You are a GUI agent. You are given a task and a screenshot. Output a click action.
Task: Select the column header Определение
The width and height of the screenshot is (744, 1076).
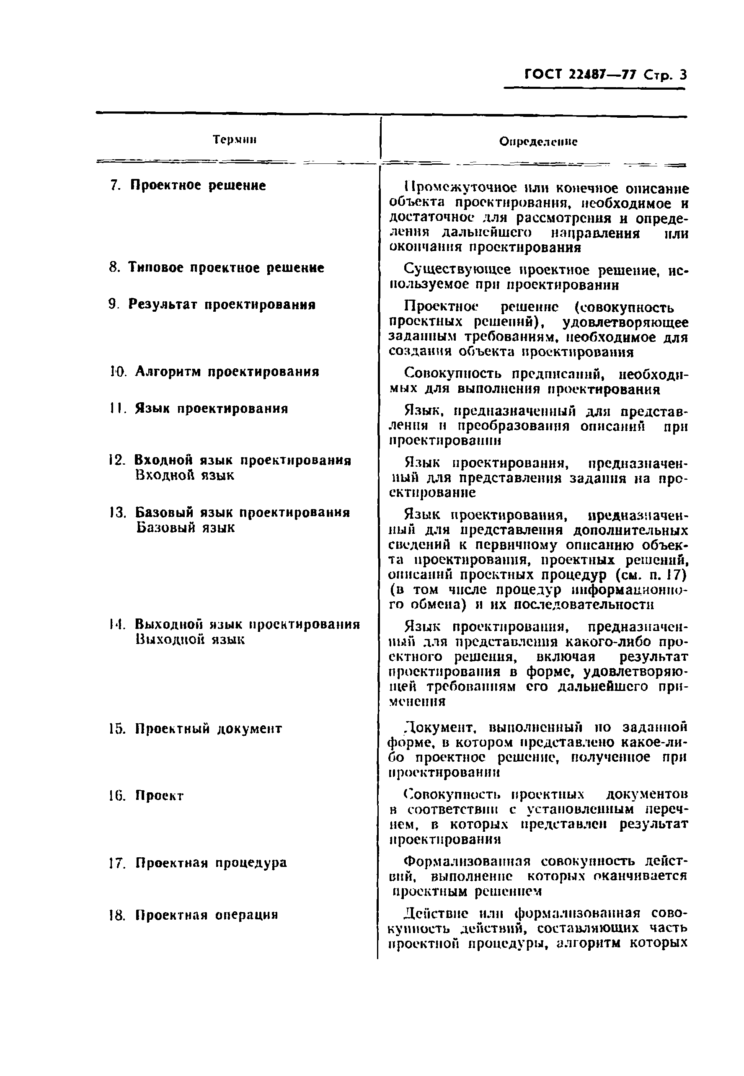(538, 142)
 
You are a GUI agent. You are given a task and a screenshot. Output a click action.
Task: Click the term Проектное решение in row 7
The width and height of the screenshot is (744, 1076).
(198, 186)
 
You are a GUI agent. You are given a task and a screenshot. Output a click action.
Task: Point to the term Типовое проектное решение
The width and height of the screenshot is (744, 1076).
(226, 268)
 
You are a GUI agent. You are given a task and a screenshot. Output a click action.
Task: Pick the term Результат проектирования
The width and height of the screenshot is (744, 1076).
(222, 305)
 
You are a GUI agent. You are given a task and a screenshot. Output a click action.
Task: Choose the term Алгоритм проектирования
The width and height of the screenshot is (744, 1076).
(227, 372)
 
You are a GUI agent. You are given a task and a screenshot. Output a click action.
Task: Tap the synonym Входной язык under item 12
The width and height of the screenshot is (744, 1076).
(185, 475)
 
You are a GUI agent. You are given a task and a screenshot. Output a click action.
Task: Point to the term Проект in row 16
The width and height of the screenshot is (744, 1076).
(160, 795)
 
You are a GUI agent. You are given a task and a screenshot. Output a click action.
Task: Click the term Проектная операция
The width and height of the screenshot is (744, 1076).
(207, 915)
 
